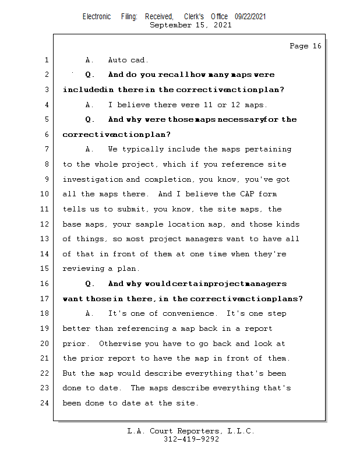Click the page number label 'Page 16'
(305, 46)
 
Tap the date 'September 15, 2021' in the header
(190, 25)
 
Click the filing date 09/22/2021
(250, 17)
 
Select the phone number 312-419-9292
(191, 439)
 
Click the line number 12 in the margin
(46, 224)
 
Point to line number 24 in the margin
(46, 403)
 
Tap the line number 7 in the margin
(46, 150)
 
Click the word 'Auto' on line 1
(117, 60)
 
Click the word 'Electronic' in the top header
(97, 17)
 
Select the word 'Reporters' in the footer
(193, 431)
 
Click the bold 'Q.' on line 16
(90, 284)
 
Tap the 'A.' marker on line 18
(90, 314)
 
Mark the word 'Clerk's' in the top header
(193, 17)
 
